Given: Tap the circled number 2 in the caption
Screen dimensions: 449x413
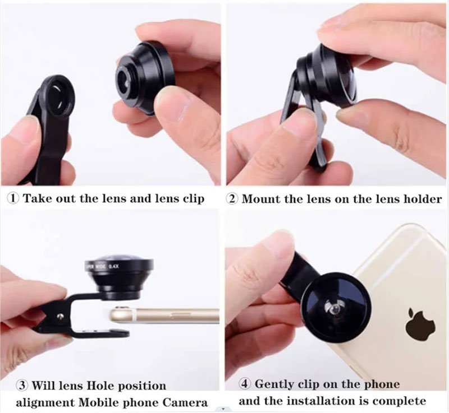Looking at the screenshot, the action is (232, 198).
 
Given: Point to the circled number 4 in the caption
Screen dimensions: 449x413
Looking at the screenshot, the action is (244, 384).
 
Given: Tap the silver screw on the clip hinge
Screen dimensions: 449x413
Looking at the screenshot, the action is (60, 316).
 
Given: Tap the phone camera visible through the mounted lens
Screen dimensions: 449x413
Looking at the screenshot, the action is (334, 309).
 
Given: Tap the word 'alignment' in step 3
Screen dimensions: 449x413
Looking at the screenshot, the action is (45, 403).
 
